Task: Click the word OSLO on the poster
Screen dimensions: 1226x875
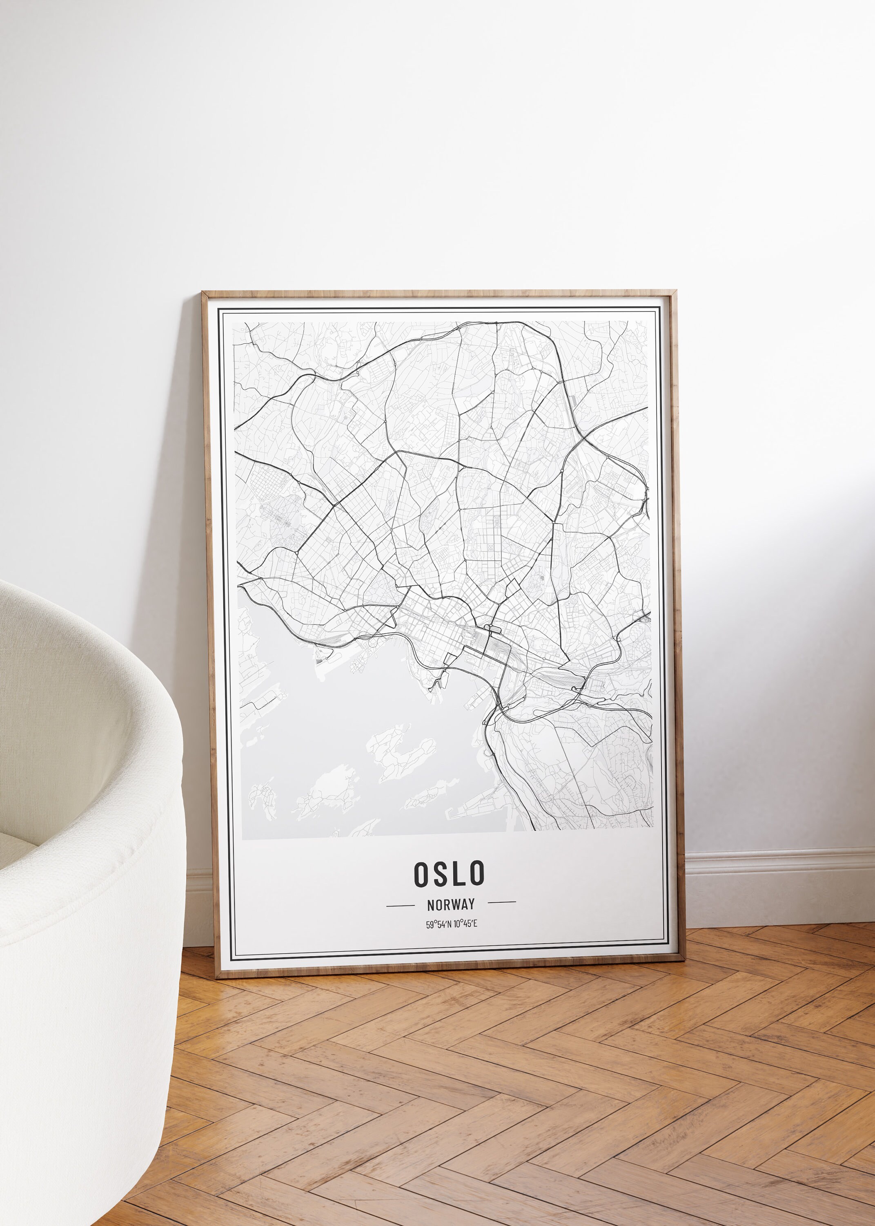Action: pyautogui.click(x=449, y=874)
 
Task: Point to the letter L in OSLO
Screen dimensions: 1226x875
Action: pyautogui.click(x=458, y=874)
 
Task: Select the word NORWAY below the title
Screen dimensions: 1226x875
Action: pyautogui.click(x=450, y=904)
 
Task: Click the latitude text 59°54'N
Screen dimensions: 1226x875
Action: pyautogui.click(x=439, y=924)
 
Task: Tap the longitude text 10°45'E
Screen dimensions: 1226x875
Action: pyautogui.click(x=465, y=924)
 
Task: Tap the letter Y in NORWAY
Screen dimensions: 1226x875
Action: pyautogui.click(x=472, y=904)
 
